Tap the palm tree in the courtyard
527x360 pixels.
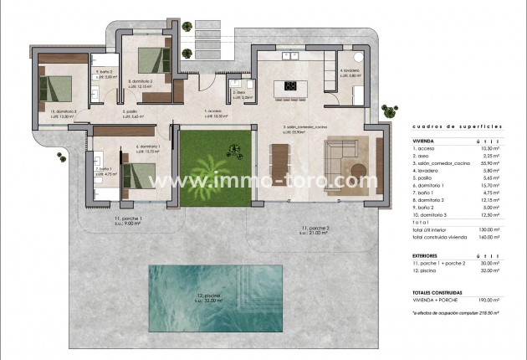(216, 167)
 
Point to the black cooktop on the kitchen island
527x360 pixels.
(292, 85)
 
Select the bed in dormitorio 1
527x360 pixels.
(135, 176)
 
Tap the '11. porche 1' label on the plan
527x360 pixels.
(123, 221)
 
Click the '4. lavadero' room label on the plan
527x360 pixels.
(350, 71)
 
